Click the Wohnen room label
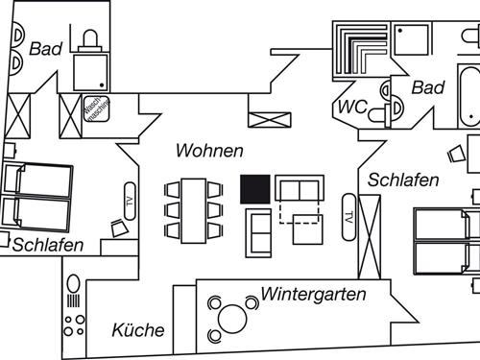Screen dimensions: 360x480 (x=208, y=151)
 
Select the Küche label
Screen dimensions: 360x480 (x=138, y=330)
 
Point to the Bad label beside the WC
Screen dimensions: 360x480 (x=428, y=87)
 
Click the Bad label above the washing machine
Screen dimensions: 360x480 (x=45, y=48)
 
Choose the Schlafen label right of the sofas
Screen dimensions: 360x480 (x=403, y=180)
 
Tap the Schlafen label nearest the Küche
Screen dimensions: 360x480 (x=48, y=245)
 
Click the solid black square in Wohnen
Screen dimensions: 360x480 (x=254, y=189)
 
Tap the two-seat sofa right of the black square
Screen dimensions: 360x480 (x=300, y=187)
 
